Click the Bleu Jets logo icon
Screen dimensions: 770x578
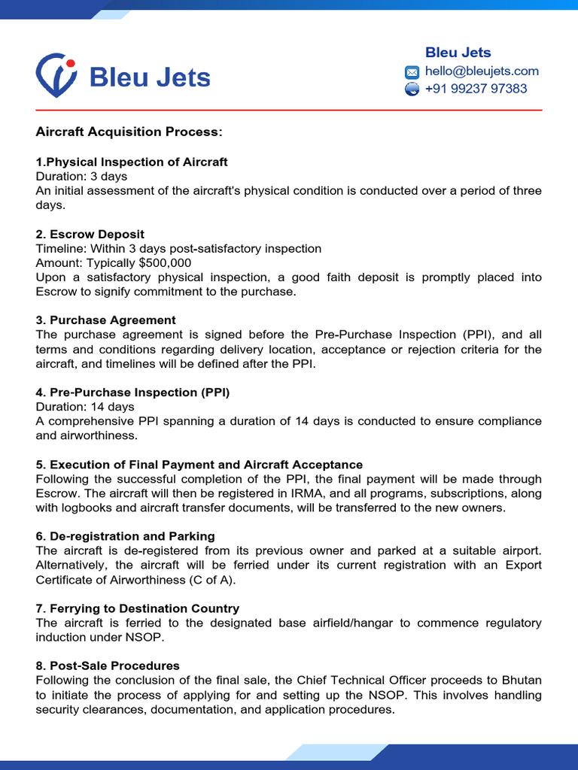(x=56, y=75)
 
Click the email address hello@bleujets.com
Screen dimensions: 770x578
(x=482, y=71)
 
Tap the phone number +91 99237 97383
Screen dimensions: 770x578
(x=476, y=89)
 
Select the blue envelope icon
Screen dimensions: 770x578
(x=412, y=72)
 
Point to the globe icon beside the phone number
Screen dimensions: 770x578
(x=412, y=89)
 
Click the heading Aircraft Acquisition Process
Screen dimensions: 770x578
(x=129, y=132)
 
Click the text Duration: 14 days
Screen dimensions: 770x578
(x=85, y=407)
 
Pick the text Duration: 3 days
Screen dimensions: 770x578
(x=81, y=176)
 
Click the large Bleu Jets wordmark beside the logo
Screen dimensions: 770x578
(x=150, y=77)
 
